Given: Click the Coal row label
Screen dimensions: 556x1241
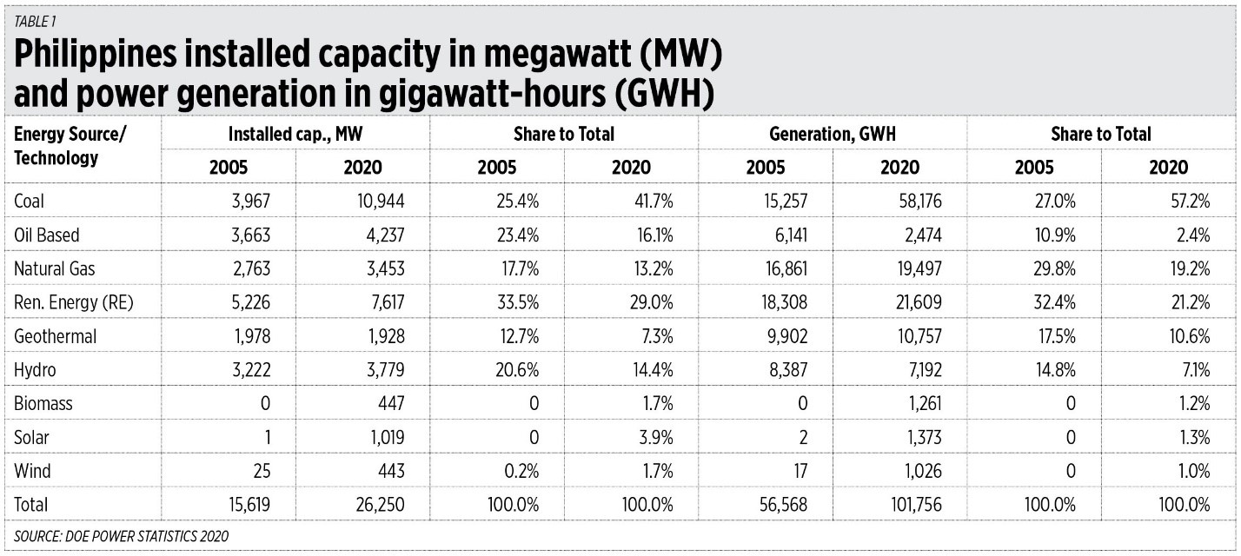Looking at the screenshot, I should [x=30, y=201].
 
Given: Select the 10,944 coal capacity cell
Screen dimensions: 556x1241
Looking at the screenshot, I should [x=378, y=201].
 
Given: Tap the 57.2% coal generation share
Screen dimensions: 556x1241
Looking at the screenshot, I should [x=1188, y=201].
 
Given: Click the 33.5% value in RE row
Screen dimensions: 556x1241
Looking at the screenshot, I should [x=517, y=302].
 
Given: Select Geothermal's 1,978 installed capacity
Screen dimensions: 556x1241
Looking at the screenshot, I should [x=248, y=336].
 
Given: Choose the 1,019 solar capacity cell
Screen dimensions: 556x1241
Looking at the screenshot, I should [x=383, y=437].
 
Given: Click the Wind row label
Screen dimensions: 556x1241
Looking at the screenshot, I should [x=32, y=471].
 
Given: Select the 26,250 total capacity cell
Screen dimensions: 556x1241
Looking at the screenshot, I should [x=378, y=505].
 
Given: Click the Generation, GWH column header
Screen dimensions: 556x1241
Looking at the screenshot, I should [x=832, y=134].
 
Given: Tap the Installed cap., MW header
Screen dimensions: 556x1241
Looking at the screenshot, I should [x=295, y=134].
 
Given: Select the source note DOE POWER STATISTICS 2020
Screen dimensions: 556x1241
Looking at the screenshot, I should [x=122, y=537].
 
